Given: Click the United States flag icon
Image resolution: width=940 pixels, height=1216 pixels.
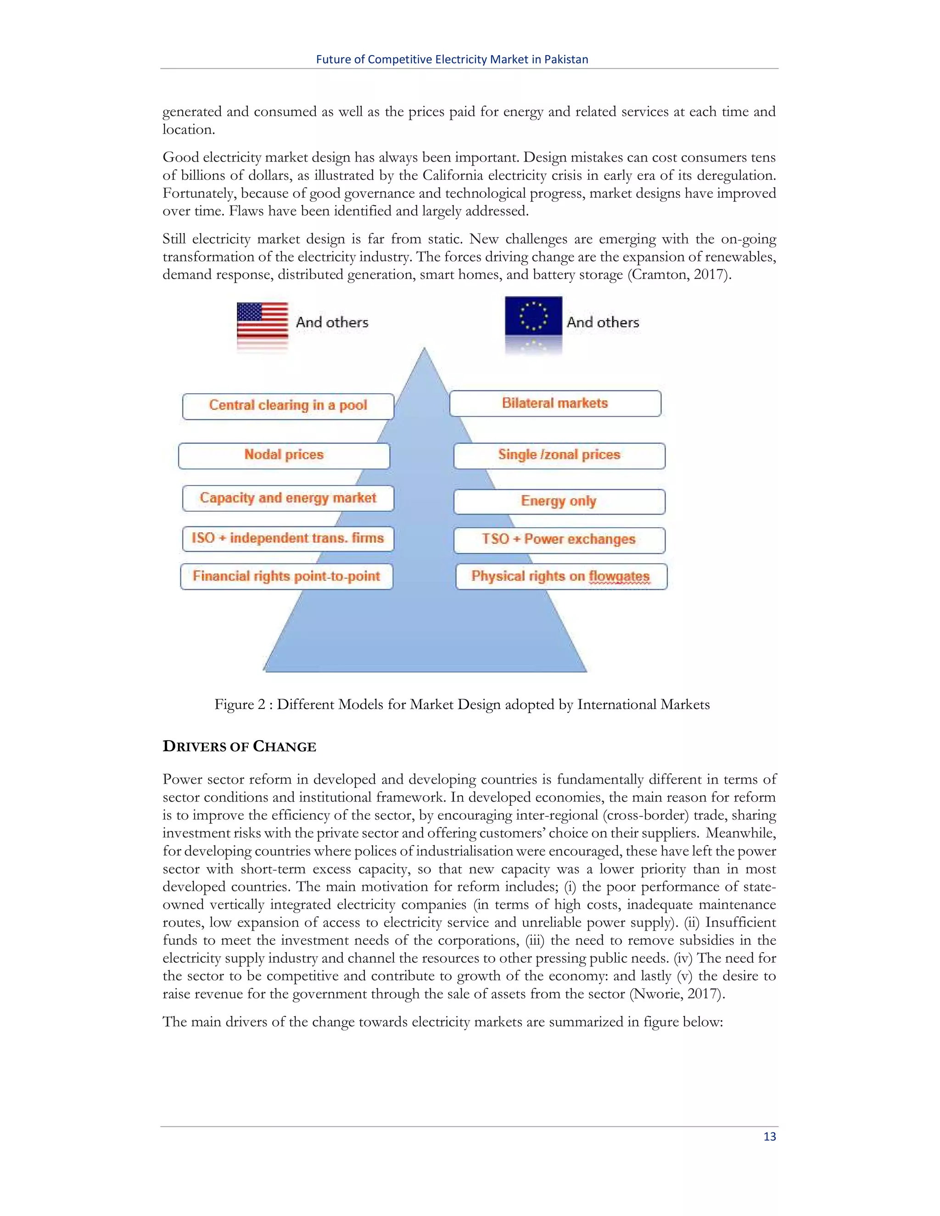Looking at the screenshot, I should pos(262,321).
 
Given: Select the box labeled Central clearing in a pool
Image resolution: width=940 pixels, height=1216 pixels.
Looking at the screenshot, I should pos(288,406).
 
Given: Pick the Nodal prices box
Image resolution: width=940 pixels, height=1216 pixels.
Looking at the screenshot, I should pos(284,456).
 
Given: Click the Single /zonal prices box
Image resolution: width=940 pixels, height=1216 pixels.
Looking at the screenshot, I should pos(559,456).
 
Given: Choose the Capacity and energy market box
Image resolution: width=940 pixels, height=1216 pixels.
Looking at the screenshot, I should pos(288,498).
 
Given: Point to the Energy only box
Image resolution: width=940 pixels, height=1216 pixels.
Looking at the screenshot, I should pos(559,502).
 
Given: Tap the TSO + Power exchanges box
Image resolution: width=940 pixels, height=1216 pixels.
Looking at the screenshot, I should pos(559,540).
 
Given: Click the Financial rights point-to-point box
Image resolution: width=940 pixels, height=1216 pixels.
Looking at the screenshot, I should pos(286,576).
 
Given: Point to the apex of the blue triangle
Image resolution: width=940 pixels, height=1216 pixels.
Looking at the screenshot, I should pos(425,350).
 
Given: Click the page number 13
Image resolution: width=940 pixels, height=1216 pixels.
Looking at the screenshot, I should pos(769,1136).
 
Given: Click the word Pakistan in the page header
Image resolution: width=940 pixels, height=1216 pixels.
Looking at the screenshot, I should pos(566,60).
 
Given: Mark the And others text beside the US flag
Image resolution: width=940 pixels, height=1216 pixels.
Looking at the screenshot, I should pos(332,323).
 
